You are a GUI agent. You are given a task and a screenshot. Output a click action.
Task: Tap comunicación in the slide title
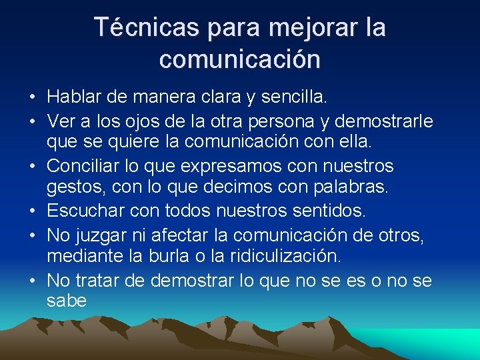coord(240,59)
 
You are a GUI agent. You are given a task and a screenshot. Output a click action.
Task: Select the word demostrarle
coord(383,122)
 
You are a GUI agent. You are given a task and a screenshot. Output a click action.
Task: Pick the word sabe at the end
coord(67,301)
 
